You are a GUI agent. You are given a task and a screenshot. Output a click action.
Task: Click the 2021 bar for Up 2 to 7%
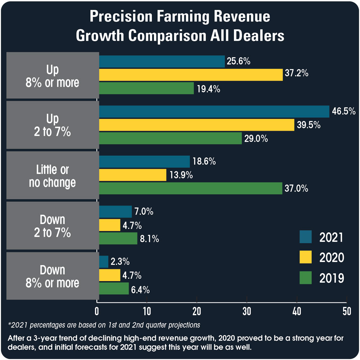click(214, 111)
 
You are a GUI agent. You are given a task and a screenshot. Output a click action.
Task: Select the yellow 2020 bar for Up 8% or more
click(191, 75)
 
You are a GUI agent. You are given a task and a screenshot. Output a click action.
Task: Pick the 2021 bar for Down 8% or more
click(104, 262)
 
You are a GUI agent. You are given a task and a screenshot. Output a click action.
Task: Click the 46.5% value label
click(344, 111)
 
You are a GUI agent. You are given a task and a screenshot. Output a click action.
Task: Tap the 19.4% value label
click(208, 89)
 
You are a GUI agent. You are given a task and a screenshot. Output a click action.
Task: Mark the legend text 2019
click(332, 278)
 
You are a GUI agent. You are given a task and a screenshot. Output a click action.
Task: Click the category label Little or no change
click(53, 176)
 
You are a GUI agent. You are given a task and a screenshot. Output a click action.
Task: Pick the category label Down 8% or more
click(53, 276)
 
